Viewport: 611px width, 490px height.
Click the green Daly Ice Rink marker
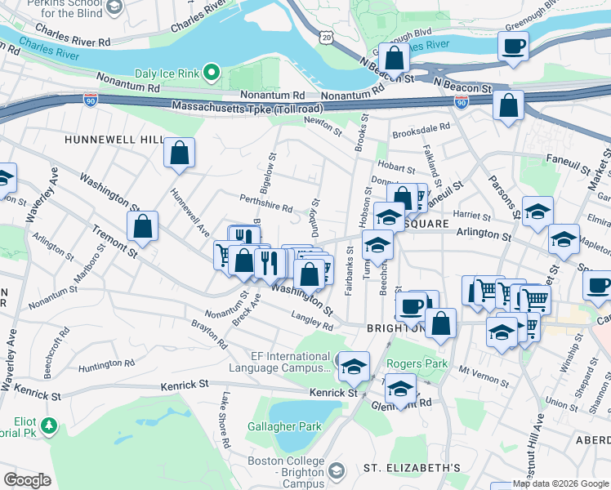[x=212, y=73]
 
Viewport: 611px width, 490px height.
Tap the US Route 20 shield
[x=327, y=38]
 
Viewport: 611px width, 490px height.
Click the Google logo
[x=28, y=479]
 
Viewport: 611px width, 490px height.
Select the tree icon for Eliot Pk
[x=50, y=425]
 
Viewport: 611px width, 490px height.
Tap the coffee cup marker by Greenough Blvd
[x=514, y=46]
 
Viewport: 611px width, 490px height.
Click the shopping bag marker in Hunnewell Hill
[x=179, y=153]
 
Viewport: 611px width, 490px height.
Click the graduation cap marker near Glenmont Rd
[x=400, y=389]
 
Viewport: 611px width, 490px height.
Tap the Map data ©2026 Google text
[x=560, y=483]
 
